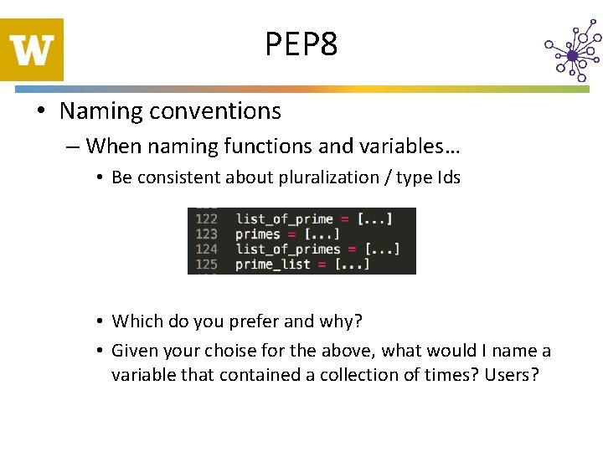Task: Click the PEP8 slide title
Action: tap(301, 44)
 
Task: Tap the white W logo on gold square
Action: tap(32, 50)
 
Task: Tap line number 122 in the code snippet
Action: tap(206, 219)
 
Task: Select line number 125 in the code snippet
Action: tap(206, 265)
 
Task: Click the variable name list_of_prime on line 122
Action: tap(285, 219)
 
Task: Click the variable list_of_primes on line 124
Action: tap(288, 249)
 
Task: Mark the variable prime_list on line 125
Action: tap(273, 265)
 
